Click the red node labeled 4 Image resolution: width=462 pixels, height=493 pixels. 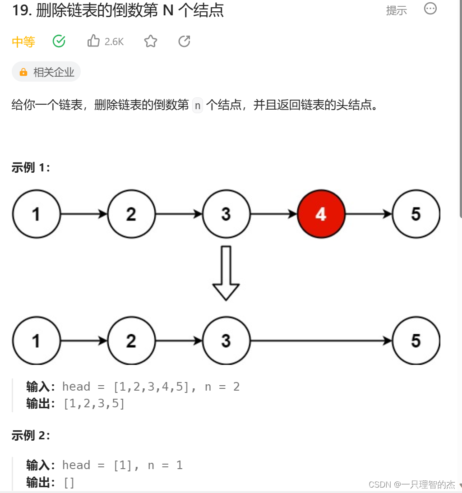tap(321, 214)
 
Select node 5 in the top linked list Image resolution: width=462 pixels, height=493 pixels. tap(416, 214)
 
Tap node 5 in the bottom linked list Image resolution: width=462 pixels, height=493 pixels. tap(416, 341)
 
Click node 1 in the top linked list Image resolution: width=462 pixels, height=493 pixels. tap(36, 214)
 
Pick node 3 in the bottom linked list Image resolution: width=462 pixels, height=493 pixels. tap(226, 341)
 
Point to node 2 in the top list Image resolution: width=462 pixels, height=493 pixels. tap(131, 214)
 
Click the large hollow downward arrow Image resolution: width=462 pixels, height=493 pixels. tap(226, 273)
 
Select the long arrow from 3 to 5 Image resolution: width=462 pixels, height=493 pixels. tap(320, 341)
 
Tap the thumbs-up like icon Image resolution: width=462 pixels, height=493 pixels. tap(94, 41)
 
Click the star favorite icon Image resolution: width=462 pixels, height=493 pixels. tap(151, 41)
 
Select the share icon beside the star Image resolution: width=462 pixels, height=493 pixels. tap(184, 41)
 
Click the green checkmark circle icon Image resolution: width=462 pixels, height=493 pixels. tap(59, 41)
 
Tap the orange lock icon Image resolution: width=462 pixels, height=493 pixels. tap(23, 72)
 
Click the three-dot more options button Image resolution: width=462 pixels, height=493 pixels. tap(430, 9)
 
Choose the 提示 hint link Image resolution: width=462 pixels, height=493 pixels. tap(396, 10)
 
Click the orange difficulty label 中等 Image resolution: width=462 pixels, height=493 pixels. tap(23, 42)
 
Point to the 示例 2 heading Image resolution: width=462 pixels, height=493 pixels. tap(31, 435)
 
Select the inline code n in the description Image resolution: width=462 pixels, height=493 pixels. tap(197, 106)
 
